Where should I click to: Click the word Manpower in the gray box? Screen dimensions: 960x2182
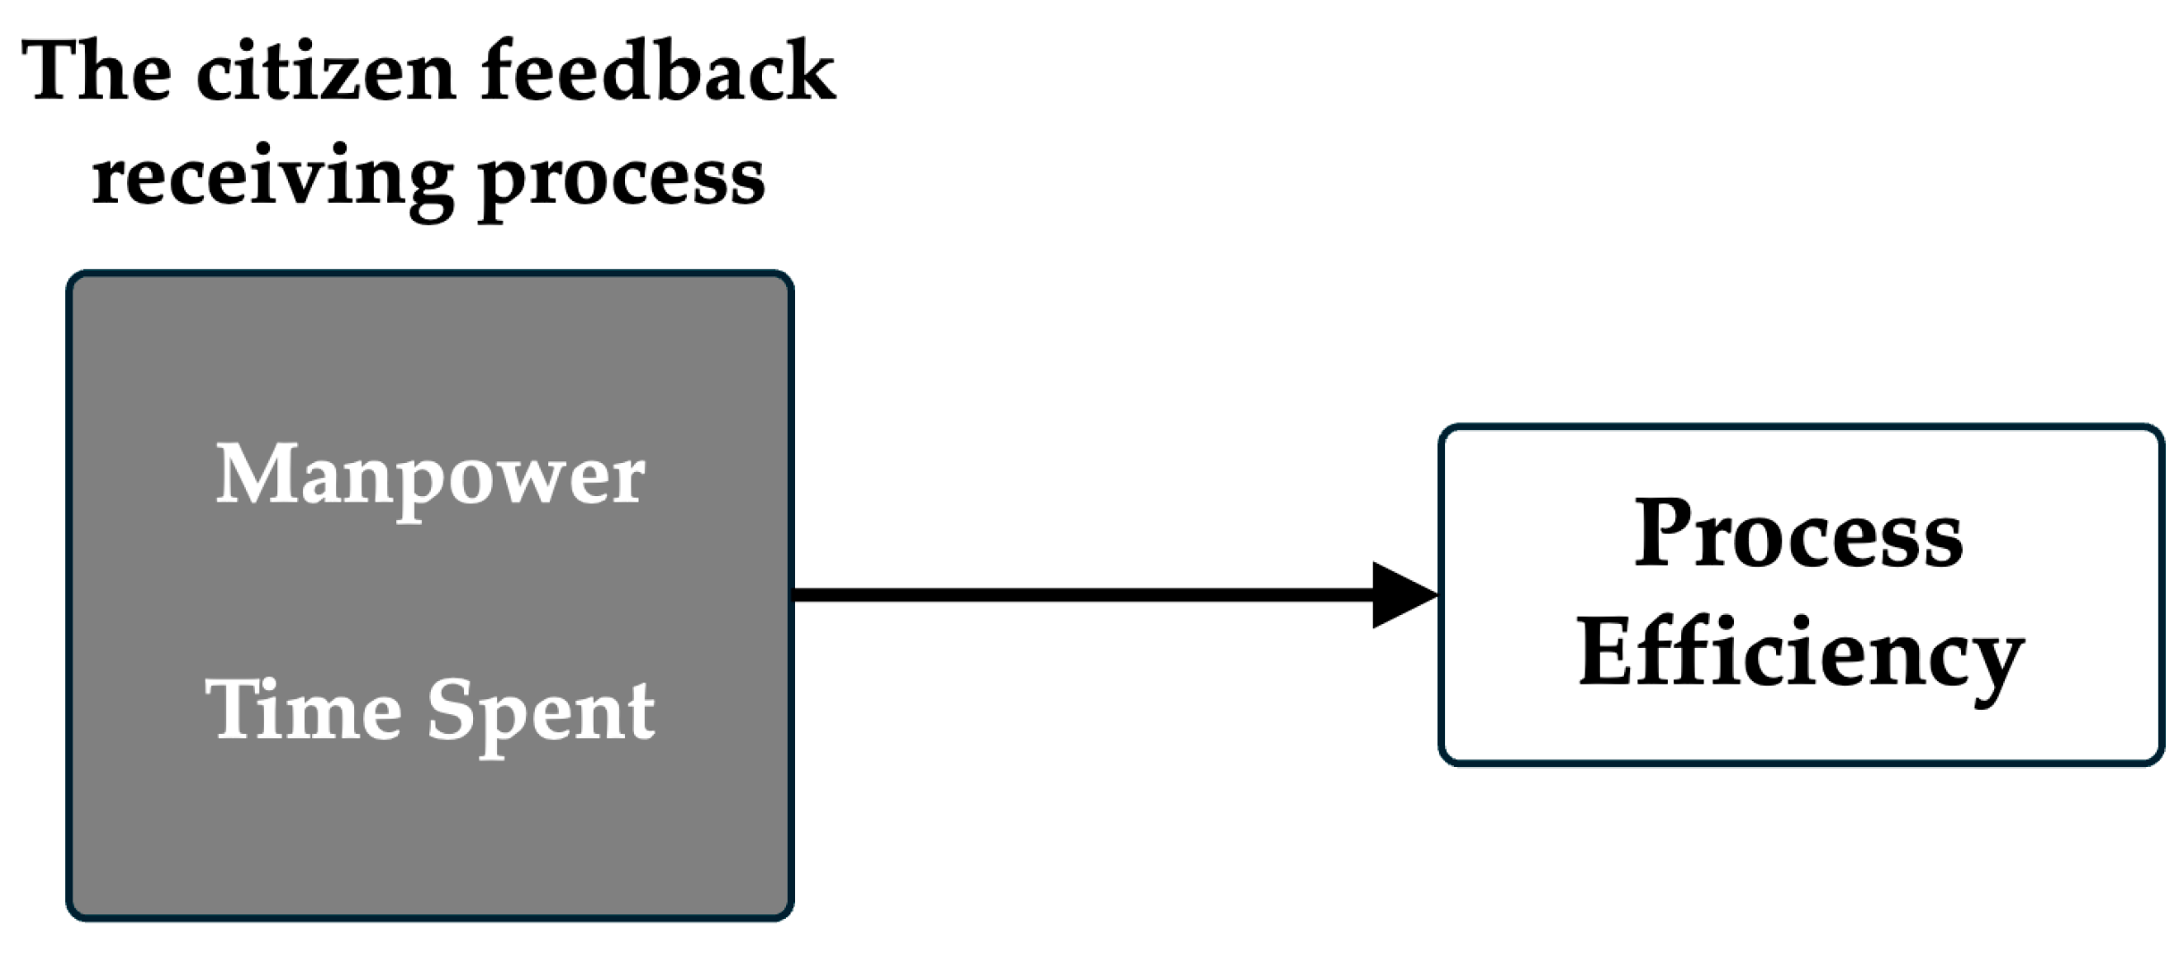(429, 476)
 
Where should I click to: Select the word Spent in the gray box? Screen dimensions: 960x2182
(541, 712)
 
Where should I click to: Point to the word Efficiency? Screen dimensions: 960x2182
(1800, 654)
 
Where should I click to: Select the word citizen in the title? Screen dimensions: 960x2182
(326, 72)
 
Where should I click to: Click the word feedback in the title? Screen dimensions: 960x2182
(657, 72)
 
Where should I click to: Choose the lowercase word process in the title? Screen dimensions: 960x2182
(622, 179)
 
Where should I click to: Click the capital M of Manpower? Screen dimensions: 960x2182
(256, 474)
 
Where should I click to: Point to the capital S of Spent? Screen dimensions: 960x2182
(452, 711)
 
